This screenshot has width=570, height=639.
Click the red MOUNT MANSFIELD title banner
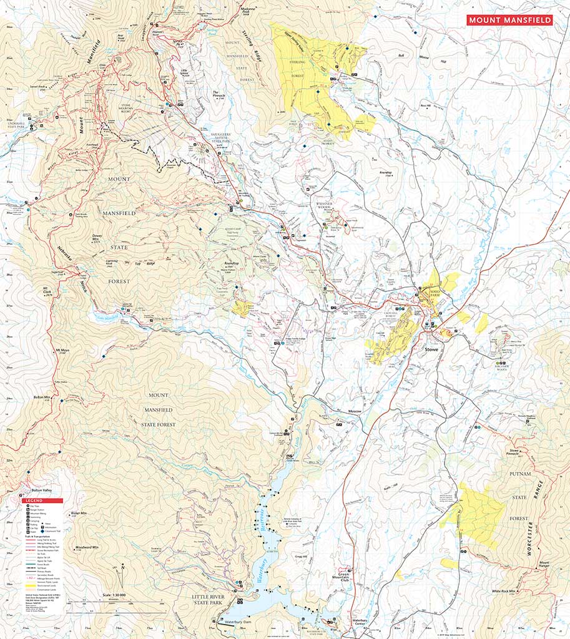point(509,20)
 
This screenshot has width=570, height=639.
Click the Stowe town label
point(433,349)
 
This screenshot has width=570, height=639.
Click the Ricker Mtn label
point(79,513)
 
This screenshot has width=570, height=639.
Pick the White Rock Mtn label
point(504,590)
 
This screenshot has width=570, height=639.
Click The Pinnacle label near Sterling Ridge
point(219,94)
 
